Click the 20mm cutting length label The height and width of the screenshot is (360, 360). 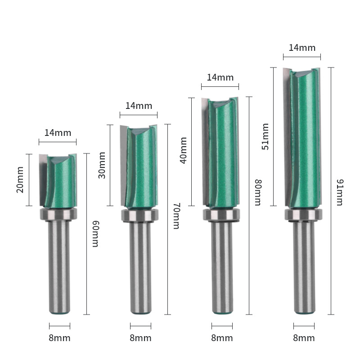20,180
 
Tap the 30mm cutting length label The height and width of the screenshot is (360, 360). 102,165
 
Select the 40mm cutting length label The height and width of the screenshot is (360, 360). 183,150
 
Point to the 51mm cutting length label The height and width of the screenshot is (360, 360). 265,136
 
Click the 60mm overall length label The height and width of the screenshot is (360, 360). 95,234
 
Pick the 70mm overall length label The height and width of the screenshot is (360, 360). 176,216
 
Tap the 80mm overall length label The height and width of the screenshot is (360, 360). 258,193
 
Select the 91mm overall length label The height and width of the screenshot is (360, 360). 340,193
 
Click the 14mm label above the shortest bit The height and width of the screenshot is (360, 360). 58,133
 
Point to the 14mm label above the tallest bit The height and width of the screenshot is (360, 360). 302,48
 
